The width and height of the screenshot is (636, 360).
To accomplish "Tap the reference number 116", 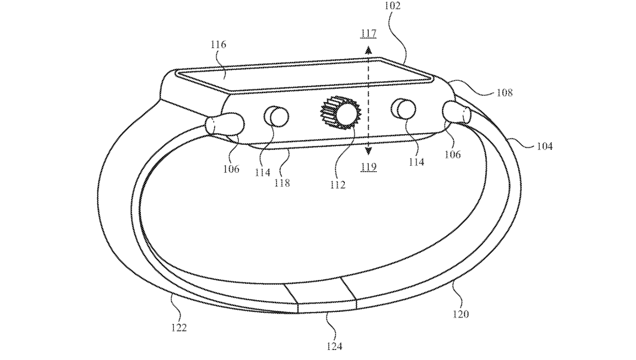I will [x=219, y=44].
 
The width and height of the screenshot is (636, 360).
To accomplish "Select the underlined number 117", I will [x=369, y=33].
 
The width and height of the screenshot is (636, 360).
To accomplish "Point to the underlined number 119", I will [x=369, y=167].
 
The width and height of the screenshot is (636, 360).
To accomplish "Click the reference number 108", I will [x=504, y=93].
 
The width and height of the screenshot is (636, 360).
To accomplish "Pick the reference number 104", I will [x=544, y=146].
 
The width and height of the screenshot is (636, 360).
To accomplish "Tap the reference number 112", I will [x=338, y=185].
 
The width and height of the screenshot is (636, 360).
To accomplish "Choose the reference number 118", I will [x=282, y=183].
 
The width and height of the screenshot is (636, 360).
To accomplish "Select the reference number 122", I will [x=179, y=327].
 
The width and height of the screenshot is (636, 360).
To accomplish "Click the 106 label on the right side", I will [x=452, y=154].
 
